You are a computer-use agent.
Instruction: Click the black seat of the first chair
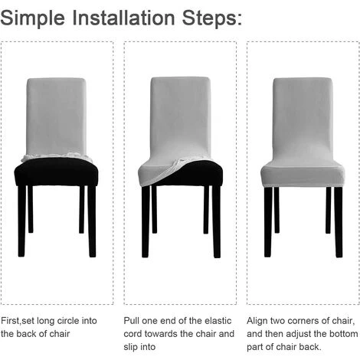[x=57, y=173]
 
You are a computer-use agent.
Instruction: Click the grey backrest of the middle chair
[x=181, y=115]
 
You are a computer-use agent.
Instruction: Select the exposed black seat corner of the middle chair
[x=203, y=173]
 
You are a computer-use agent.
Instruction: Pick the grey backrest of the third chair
[x=303, y=115]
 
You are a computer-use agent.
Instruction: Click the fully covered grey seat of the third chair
[x=303, y=175]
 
